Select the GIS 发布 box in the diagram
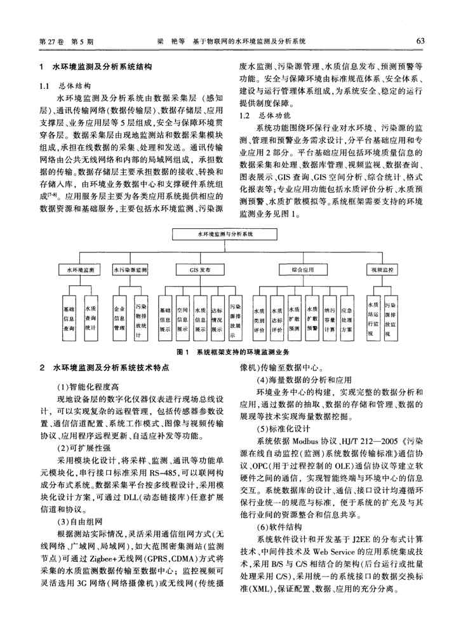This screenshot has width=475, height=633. coord(199,270)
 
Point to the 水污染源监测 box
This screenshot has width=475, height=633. coord(132,270)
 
